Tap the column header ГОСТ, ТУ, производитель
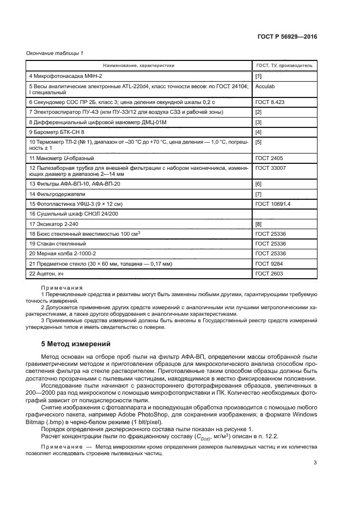tap(284, 65)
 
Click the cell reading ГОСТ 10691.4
tap(273, 204)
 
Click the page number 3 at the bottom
tap(315, 463)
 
